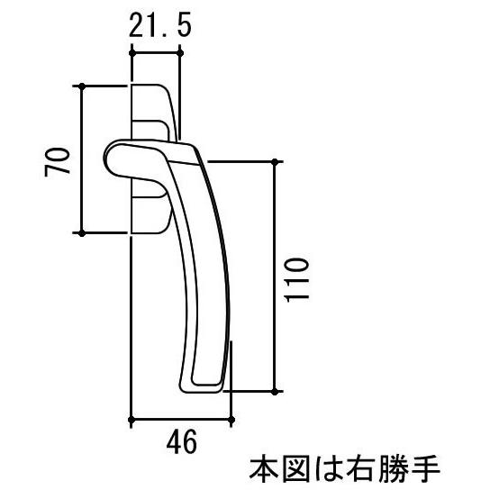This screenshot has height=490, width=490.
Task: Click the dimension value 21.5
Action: (159, 26)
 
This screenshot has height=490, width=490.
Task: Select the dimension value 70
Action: (57, 162)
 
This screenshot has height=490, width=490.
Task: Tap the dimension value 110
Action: (296, 280)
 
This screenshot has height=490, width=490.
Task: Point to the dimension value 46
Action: (182, 441)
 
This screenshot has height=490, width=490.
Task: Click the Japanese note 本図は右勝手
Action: (345, 469)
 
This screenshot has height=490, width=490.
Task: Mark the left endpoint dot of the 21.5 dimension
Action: (132, 53)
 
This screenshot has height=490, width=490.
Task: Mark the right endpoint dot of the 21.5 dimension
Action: (180, 53)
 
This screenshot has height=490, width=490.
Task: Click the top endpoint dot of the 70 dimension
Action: (82, 86)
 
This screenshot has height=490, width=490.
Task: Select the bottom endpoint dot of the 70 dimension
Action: (82, 233)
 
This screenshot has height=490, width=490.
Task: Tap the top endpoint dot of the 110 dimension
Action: (275, 162)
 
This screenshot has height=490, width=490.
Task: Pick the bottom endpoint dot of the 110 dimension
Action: (275, 391)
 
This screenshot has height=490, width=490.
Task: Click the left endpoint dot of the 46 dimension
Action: (132, 420)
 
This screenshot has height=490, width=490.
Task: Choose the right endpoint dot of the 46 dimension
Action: (231, 420)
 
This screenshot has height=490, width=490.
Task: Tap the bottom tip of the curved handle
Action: (200, 389)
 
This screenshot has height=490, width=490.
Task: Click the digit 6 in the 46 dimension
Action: (190, 441)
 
